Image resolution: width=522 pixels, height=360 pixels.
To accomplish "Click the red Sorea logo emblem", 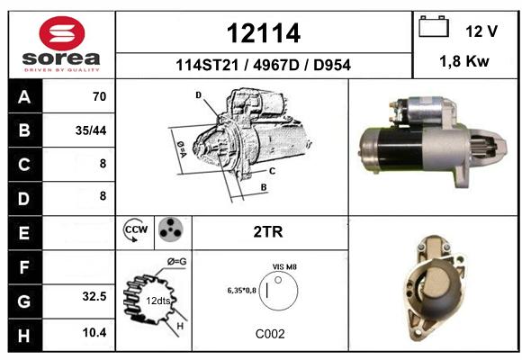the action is (x=62, y=33).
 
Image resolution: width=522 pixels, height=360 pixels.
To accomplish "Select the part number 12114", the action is (x=264, y=33).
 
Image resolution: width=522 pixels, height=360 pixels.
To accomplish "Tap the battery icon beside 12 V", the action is (x=434, y=26).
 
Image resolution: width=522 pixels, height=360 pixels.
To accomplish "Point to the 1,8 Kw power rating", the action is (x=464, y=61).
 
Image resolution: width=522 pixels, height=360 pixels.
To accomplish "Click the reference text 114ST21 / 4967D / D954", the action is (x=263, y=65).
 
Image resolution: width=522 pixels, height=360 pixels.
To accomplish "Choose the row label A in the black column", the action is (x=24, y=97).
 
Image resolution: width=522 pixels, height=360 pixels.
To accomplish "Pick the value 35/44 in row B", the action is (x=91, y=130).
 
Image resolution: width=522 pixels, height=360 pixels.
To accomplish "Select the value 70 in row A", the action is (x=100, y=96).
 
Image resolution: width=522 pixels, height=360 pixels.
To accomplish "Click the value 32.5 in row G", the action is (x=94, y=296).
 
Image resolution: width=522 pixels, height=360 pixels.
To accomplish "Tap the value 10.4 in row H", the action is (x=94, y=332).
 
